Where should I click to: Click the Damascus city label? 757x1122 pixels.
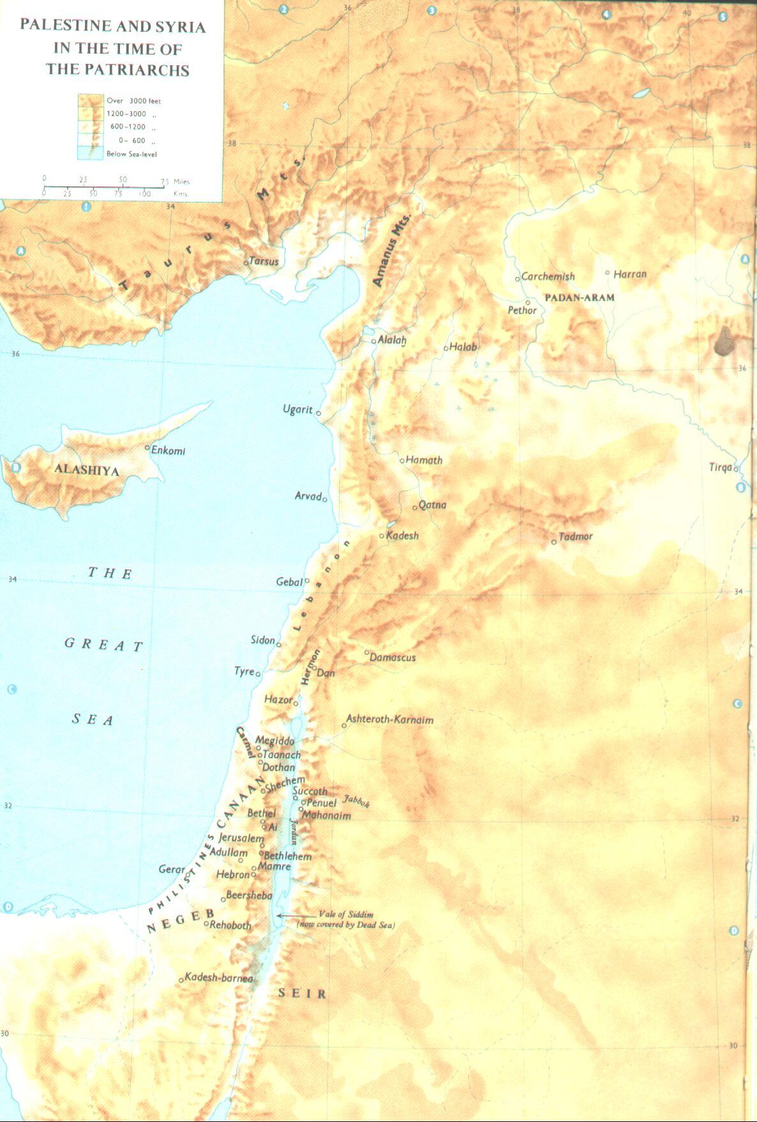[x=393, y=657]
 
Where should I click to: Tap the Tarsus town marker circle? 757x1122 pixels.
[x=246, y=262]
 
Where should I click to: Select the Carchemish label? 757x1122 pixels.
[x=548, y=276]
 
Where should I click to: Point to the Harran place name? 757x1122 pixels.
[x=630, y=274]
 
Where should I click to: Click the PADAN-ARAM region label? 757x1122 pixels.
[x=580, y=297]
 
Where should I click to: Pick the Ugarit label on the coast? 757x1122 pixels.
[x=297, y=409]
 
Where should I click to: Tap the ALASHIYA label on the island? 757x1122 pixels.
[x=86, y=470]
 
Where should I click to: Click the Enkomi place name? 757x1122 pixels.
[x=168, y=451]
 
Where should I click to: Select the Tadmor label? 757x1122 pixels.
[x=575, y=537]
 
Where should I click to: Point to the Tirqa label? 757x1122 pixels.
[x=721, y=467]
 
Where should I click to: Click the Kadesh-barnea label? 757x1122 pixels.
[x=218, y=978]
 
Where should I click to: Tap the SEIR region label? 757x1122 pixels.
[x=303, y=993]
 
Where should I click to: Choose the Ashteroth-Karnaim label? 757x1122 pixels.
[x=389, y=720]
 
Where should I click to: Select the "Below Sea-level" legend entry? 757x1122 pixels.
[x=131, y=154]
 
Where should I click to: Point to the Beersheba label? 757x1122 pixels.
[x=249, y=895]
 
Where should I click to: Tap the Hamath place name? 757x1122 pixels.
[x=424, y=460]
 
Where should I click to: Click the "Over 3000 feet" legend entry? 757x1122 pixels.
[x=133, y=101]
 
